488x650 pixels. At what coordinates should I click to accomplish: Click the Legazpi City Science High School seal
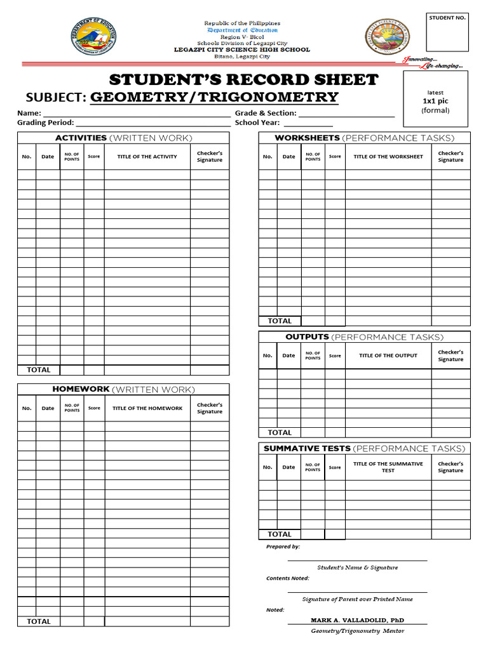coord(387,37)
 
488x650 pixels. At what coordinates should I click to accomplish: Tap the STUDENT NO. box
coord(447,32)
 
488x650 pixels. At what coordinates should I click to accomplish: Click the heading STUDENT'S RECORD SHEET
coord(243,80)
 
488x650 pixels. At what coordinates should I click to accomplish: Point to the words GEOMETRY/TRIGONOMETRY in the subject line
coord(214,97)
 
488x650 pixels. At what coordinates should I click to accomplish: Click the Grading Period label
coord(45,123)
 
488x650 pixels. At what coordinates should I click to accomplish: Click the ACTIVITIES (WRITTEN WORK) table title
coord(123,138)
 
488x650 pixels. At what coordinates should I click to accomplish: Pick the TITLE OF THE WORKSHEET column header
coord(388,157)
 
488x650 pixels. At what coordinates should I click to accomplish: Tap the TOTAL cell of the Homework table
coord(39,621)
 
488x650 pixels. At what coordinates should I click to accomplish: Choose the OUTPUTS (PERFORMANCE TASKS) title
coord(364,337)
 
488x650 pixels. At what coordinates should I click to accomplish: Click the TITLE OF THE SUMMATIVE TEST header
coord(388,467)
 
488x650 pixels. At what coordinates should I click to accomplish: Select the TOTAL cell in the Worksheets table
coord(280,321)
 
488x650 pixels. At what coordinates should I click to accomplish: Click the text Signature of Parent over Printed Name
coord(357,599)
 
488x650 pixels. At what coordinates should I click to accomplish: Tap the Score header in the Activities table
coord(94,157)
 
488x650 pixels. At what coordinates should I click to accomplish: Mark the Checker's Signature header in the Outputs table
coord(451,355)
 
